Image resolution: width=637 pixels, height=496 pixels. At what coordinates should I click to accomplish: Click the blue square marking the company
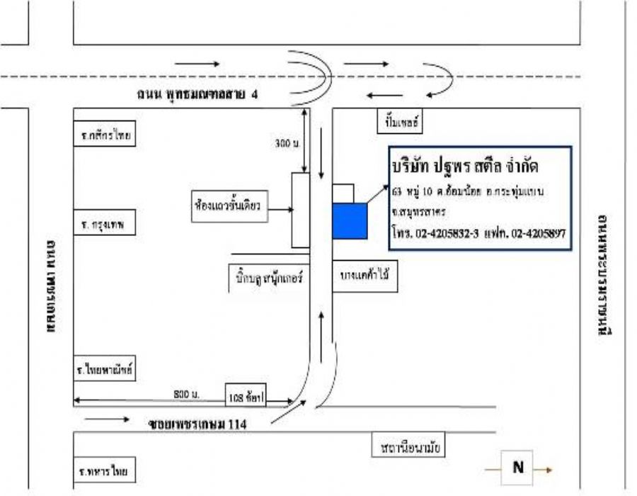(350, 220)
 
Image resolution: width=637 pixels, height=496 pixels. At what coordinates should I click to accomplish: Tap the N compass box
(518, 468)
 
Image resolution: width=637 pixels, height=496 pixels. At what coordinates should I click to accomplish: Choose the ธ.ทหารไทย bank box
(105, 470)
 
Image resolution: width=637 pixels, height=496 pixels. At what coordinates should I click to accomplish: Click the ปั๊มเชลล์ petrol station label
(398, 123)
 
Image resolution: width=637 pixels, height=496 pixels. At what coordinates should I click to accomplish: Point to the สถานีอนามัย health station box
(410, 449)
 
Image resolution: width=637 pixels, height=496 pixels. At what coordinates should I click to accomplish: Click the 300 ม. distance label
(287, 143)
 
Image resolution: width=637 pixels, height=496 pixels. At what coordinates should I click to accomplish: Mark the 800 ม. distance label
(187, 393)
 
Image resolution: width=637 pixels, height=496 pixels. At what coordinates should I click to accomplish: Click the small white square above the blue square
(343, 194)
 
